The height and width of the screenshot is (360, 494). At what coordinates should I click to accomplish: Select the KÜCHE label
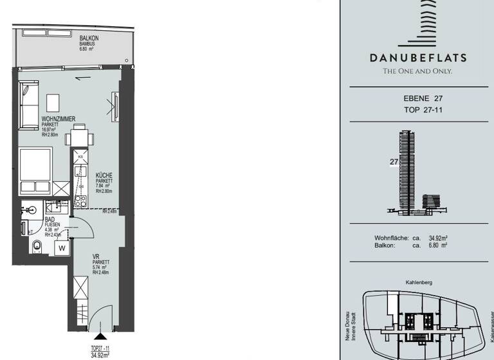(104, 175)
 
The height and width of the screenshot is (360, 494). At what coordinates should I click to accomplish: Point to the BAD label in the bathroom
(48, 219)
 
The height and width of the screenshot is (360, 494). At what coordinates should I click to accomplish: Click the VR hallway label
(96, 256)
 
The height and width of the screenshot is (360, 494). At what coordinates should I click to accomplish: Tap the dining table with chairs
(79, 136)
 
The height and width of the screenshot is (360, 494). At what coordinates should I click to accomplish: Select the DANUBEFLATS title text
(418, 57)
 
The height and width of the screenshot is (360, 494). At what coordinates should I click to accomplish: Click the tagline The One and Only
(418, 71)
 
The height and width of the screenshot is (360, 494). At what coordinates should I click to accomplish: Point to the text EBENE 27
(418, 99)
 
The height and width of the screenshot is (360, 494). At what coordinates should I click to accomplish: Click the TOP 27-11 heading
(418, 110)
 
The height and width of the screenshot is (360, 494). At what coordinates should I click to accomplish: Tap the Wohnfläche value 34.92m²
(438, 238)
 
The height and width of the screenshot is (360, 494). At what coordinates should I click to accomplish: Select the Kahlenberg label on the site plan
(418, 282)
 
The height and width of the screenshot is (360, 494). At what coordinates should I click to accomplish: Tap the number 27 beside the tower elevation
(394, 163)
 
